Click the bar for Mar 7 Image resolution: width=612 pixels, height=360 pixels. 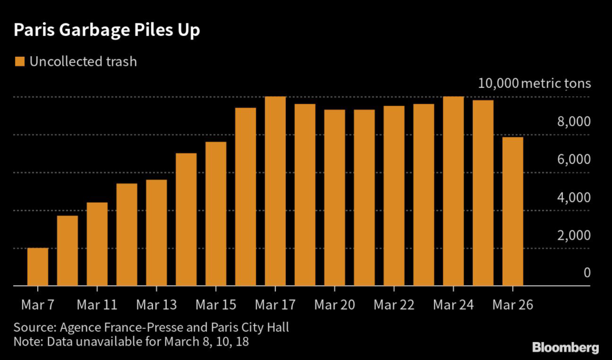[x=38, y=267]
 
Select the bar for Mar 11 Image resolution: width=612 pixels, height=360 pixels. [x=97, y=244]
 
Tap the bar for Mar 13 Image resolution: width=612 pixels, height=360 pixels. [x=157, y=233]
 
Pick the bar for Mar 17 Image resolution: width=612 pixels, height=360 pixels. [x=275, y=191]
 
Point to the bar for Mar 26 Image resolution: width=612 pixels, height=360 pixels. [x=512, y=212]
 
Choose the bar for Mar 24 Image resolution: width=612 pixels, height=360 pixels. [x=453, y=191]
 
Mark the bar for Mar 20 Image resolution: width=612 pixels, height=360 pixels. [x=335, y=198]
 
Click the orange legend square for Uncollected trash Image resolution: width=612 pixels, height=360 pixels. [x=19, y=61]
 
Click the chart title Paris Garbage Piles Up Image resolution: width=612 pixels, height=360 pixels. [x=107, y=31]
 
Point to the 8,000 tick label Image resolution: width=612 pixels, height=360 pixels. [x=573, y=121]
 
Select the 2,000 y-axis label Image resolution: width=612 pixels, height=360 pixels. [x=573, y=235]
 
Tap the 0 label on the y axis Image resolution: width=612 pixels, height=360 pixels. [x=587, y=273]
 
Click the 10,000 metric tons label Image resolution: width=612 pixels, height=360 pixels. [x=534, y=83]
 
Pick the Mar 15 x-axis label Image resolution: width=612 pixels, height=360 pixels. [x=216, y=304]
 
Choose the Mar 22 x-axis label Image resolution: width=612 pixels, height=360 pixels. [x=394, y=304]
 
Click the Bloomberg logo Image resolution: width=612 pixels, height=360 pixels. [x=565, y=347]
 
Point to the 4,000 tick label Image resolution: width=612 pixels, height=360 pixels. [x=573, y=197]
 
